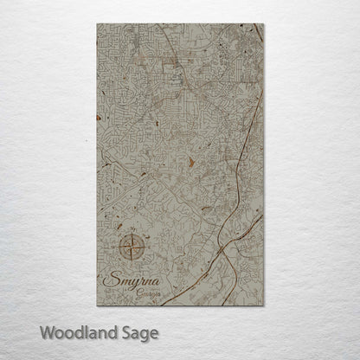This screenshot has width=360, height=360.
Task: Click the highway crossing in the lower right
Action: pyautogui.click(x=222, y=247)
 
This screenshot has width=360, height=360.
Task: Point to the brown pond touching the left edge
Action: pyautogui.click(x=100, y=117)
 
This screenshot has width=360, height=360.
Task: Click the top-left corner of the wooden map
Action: pyautogui.click(x=98, y=24)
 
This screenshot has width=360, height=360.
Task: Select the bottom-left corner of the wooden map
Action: pyautogui.click(x=98, y=305)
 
